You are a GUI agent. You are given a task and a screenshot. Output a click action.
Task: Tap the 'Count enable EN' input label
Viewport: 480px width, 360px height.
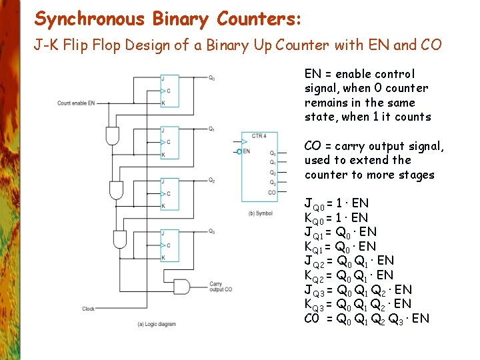coord(76,103)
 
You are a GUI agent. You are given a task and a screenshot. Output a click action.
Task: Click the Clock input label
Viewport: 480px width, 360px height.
coord(88,309)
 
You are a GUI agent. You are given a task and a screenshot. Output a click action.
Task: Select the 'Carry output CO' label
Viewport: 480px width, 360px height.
coord(221,287)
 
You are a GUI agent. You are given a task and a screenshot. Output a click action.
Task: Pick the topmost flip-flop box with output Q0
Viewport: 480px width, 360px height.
coord(170,91)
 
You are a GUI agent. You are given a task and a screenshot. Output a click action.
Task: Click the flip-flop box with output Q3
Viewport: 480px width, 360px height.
coord(170,245)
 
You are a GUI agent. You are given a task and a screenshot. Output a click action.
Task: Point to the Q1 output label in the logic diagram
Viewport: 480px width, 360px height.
coord(211,129)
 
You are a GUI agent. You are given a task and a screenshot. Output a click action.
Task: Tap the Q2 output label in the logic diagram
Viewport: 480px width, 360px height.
coord(211,180)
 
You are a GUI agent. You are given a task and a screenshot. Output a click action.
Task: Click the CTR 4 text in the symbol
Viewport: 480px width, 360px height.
coord(259,136)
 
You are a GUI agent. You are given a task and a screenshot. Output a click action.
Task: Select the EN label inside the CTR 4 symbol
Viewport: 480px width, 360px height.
coord(247,151)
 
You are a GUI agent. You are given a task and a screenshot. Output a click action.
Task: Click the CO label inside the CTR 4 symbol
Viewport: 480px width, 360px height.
coord(272,192)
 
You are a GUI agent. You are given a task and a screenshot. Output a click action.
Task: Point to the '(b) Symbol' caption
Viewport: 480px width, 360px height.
coord(260,213)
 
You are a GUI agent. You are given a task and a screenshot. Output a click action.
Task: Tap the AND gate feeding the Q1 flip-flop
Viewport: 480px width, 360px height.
coord(112,136)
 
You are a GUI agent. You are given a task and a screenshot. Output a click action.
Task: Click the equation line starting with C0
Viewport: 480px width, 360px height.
coord(367,319)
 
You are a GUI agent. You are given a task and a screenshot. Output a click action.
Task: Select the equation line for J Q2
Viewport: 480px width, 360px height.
coord(349,261)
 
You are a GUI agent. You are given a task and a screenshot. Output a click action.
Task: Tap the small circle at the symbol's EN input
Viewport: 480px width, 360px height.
coord(239,151)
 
